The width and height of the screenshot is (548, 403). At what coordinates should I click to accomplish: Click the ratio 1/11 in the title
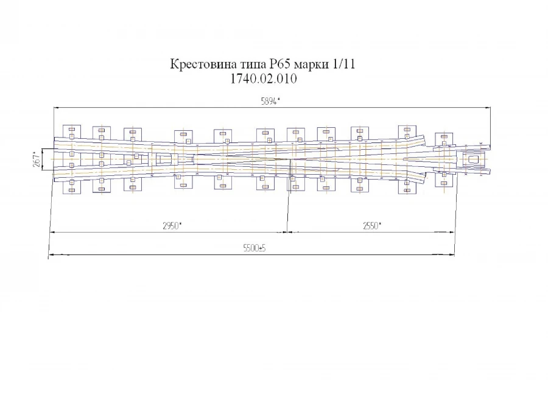tap(343, 64)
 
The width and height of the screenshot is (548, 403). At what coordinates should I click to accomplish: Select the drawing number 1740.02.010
tap(263, 79)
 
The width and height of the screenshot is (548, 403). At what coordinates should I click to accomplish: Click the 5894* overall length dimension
tap(270, 102)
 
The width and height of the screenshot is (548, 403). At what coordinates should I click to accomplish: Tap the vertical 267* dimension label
tap(37, 159)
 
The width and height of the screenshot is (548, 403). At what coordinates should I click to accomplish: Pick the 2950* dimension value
tap(172, 226)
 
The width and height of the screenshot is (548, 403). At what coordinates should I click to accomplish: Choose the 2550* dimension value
tap(371, 226)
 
